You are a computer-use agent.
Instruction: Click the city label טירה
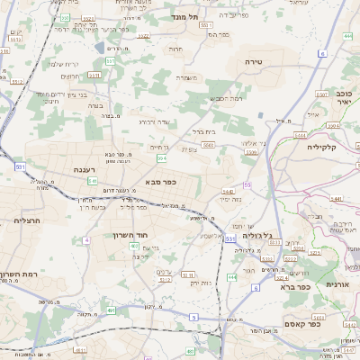(x=252, y=60)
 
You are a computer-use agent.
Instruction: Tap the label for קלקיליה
(x=320, y=146)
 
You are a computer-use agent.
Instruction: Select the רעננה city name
(x=86, y=168)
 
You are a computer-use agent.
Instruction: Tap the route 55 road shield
(x=246, y=184)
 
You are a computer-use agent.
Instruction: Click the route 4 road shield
(x=86, y=240)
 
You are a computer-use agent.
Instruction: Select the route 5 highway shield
(x=193, y=317)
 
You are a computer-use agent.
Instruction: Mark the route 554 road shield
(x=162, y=158)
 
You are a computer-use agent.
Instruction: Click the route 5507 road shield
(x=251, y=153)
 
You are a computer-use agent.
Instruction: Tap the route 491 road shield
(x=110, y=310)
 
